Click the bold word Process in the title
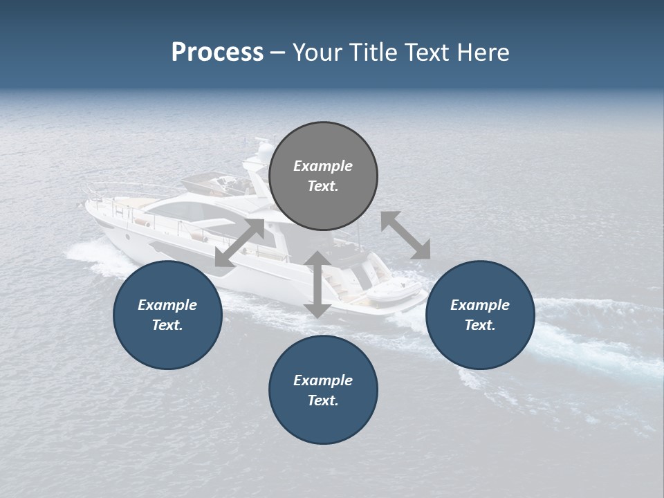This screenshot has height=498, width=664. click(x=217, y=53)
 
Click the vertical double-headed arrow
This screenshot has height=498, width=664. click(x=317, y=284)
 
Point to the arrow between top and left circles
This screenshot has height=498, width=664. click(x=239, y=243)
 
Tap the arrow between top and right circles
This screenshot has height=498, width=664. click(x=405, y=235)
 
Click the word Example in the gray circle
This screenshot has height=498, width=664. click(x=323, y=166)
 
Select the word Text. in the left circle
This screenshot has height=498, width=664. click(x=167, y=325)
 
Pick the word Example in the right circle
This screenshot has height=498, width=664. click(x=480, y=305)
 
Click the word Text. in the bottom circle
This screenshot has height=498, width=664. click(x=323, y=400)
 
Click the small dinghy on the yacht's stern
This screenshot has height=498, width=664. click(x=391, y=291)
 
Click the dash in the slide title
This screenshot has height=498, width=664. click(x=277, y=53)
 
